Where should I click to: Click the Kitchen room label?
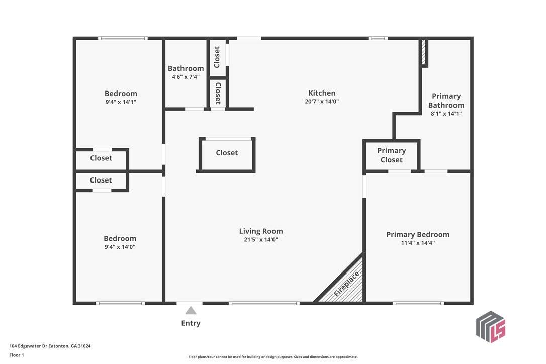click(x=322, y=93)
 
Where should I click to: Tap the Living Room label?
click(x=261, y=231)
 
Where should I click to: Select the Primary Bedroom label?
click(x=418, y=235)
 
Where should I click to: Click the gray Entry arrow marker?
click(x=191, y=310)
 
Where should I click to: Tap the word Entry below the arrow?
click(x=191, y=323)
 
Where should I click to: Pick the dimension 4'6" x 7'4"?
click(x=186, y=77)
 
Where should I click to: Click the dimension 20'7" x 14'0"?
click(x=322, y=102)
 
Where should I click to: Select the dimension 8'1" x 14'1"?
click(x=446, y=114)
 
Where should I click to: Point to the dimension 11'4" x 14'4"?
click(x=418, y=243)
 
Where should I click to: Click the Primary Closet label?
click(x=391, y=155)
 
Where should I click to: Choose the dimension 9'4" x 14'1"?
click(x=121, y=102)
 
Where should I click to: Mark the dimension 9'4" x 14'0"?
click(x=120, y=247)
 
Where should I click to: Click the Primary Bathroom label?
click(x=446, y=101)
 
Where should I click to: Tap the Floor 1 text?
click(x=17, y=355)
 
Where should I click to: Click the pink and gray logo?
click(x=491, y=327)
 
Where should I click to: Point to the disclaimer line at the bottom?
click(x=273, y=357)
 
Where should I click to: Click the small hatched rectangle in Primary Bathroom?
click(x=424, y=52)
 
